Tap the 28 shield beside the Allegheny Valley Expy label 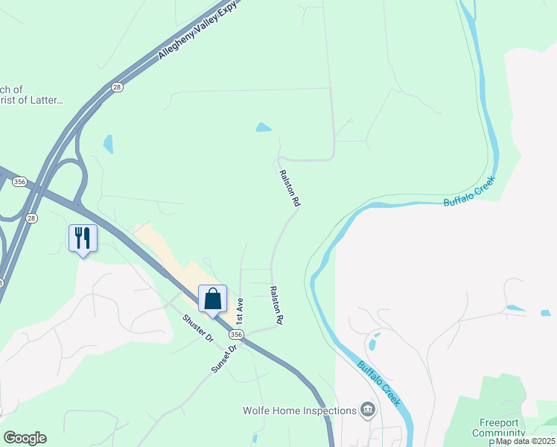pos(117,87)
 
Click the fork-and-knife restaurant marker pos(83,238)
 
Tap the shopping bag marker pos(212,299)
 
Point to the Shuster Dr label pos(199,329)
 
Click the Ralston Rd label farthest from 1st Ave pos(290,188)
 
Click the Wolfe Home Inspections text pos(299,410)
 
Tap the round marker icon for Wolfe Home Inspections pos(367,409)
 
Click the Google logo pos(25,438)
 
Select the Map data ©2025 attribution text pos(525,441)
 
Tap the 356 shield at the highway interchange pos(19,181)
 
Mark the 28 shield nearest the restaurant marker pos(31,218)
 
